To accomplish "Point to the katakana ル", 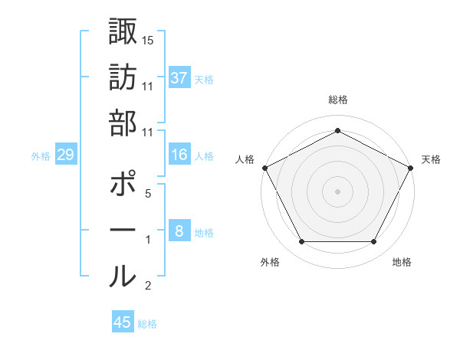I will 123,276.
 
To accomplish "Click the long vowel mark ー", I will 123,231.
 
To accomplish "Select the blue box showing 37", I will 179,77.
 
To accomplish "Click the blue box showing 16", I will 179,155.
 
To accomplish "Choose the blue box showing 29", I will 65,155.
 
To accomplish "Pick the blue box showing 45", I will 123,322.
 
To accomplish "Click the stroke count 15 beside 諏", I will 147,39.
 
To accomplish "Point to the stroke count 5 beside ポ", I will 147,194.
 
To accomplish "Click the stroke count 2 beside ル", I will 147,286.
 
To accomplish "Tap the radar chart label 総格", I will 338,100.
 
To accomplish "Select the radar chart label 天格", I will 431,159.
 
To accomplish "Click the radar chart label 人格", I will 245,159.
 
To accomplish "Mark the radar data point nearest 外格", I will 302,242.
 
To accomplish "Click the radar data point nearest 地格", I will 373,242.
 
